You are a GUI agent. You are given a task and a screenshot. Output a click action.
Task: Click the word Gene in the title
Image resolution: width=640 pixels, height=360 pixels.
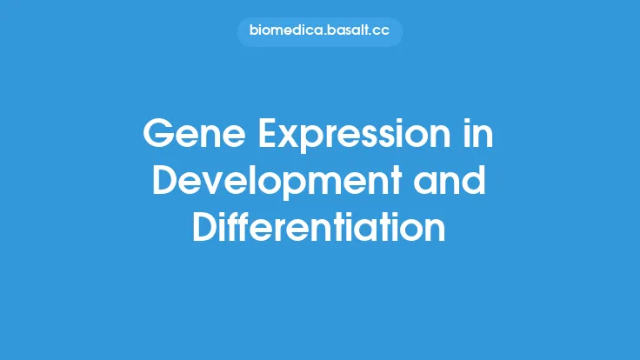click(x=184, y=135)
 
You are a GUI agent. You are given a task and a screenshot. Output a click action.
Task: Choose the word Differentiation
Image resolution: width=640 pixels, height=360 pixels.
click(x=319, y=228)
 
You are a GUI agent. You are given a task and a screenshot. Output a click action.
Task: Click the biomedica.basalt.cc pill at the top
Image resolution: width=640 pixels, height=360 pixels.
click(x=320, y=32)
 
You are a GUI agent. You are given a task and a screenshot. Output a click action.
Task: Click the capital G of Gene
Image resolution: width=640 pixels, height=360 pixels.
click(x=157, y=135)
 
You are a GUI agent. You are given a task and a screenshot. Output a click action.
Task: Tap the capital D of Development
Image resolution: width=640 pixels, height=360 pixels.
click(x=166, y=182)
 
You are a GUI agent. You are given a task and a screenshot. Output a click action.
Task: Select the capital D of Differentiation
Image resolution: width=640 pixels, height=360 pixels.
click(x=205, y=228)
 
